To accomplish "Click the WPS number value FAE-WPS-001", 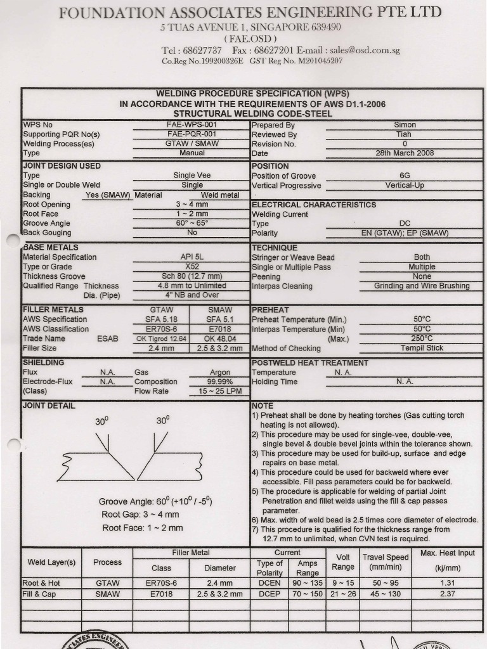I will click(192, 125).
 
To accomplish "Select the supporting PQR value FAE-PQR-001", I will click(192, 134).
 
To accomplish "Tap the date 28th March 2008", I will click(405, 153).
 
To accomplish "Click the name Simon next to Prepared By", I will click(405, 125).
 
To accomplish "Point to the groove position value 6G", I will click(405, 176).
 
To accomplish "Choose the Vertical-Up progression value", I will click(405, 186).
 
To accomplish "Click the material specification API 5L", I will click(192, 257).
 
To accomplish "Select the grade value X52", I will click(192, 267).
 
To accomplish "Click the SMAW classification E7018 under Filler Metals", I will click(220, 329).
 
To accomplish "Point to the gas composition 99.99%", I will click(220, 382).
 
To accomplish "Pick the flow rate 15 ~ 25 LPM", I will click(220, 391).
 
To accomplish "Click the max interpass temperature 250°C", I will click(422, 338).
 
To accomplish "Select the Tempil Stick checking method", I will click(422, 348).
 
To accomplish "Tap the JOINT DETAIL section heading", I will click(49, 406).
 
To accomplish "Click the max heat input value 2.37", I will click(447, 594).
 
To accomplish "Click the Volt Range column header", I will click(343, 562).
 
